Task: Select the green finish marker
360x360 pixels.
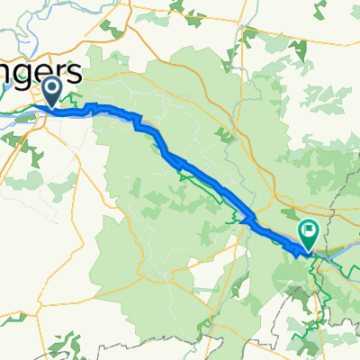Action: (x=308, y=235)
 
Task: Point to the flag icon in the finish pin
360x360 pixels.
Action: (x=308, y=232)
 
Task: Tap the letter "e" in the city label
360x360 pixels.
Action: (x=48, y=73)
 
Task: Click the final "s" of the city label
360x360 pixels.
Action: (x=76, y=73)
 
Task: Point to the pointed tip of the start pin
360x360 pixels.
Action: (x=51, y=107)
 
